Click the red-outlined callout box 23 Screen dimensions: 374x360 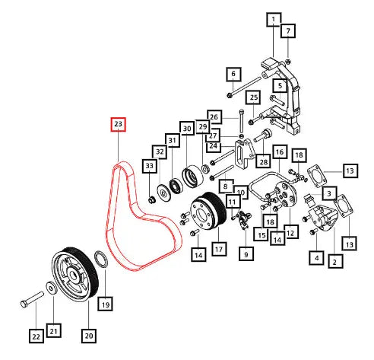point(119,124)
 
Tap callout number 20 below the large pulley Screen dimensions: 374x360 point(89,336)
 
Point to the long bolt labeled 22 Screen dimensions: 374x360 point(32,299)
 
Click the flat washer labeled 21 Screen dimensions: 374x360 point(51,288)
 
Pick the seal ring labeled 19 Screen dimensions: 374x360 point(101,259)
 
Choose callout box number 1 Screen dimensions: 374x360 point(274,20)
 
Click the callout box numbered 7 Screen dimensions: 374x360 point(288,31)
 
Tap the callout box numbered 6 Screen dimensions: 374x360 point(233,74)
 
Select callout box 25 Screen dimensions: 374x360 point(254,97)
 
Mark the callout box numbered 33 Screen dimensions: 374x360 point(150,166)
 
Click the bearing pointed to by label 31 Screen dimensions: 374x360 point(176,186)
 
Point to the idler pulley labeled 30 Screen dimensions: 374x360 point(192,177)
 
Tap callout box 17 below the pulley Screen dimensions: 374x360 point(219,249)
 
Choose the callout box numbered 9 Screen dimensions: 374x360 point(246,253)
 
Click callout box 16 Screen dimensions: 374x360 point(280,152)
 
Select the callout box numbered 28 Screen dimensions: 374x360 point(264,161)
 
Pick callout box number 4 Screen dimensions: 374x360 point(317,258)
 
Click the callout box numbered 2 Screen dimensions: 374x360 point(335,262)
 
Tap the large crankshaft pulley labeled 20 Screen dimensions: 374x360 point(75,274)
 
